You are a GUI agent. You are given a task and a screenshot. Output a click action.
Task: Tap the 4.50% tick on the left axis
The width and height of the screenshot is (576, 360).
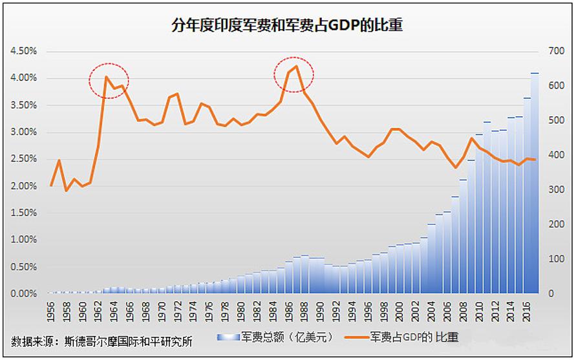pyautogui.click(x=24, y=51)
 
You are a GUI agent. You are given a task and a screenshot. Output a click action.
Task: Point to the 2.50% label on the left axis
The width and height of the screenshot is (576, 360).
pyautogui.click(x=24, y=159)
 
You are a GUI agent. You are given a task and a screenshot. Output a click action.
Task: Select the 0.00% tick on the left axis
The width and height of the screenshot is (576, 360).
pyautogui.click(x=24, y=293)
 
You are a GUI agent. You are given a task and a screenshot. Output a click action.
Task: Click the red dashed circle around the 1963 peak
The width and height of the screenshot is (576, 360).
pyautogui.click(x=109, y=81)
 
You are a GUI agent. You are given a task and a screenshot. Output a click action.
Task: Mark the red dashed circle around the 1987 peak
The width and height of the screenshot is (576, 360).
pyautogui.click(x=294, y=73)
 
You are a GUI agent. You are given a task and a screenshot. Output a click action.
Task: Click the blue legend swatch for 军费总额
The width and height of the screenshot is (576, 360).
pyautogui.click(x=228, y=337)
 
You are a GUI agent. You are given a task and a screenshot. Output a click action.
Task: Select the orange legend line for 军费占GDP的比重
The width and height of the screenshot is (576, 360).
pyautogui.click(x=352, y=337)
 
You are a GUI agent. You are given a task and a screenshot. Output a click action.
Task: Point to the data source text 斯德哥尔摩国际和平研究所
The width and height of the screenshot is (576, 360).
pyautogui.click(x=129, y=341)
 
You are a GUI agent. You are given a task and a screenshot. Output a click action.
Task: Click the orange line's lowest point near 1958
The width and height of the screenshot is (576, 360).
pyautogui.click(x=67, y=191)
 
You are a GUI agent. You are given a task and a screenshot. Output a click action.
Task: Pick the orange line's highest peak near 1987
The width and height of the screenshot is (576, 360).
pyautogui.click(x=297, y=66)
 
